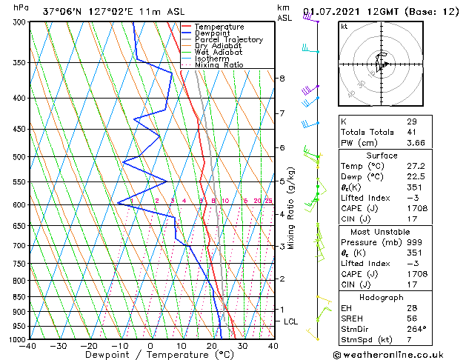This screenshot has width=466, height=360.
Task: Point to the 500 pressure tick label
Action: [x=19, y=157]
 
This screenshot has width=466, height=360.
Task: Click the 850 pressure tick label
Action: [x=19, y=297]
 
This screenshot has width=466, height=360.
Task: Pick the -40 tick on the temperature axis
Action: [x=28, y=345]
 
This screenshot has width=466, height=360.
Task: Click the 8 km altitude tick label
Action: [x=282, y=78]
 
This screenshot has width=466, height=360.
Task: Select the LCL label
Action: [x=291, y=321]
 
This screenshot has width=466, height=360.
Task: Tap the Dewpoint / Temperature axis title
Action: [x=150, y=355]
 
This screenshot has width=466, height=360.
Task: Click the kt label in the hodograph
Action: [x=344, y=26]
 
